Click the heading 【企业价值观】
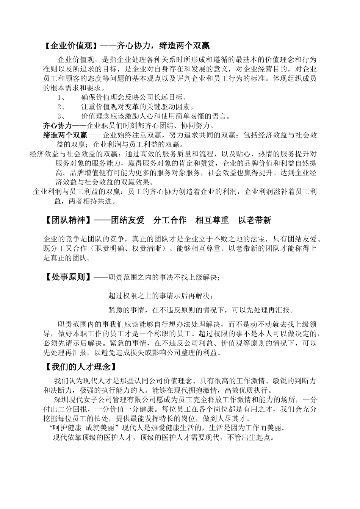(x=71, y=46)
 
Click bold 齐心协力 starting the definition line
(x=57, y=125)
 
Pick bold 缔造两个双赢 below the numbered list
(x=65, y=135)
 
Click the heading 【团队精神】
(x=68, y=220)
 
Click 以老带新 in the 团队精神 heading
(x=255, y=220)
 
